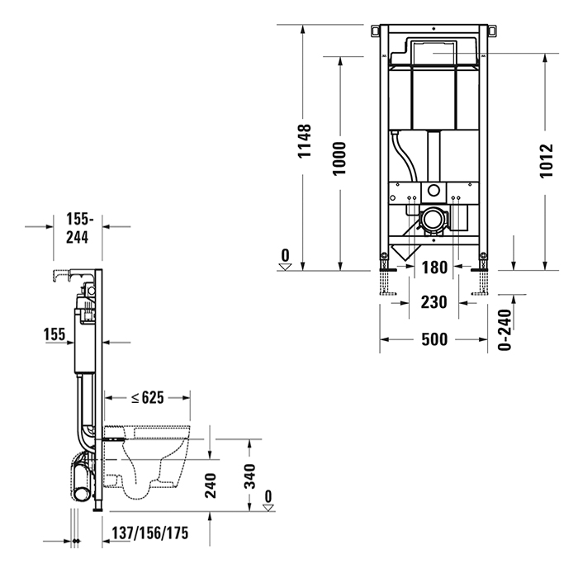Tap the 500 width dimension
click(433, 339)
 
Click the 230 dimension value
click(433, 302)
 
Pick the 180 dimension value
click(433, 268)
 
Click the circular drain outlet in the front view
click(432, 220)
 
